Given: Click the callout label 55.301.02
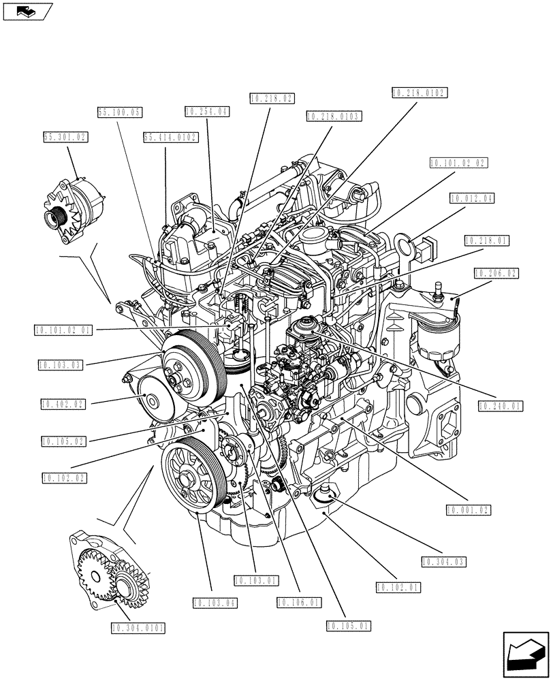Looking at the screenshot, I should tap(66, 137).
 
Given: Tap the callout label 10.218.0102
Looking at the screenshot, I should tap(421, 93).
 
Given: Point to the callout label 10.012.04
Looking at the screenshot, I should tap(472, 199).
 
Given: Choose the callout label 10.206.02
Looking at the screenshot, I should tap(495, 273).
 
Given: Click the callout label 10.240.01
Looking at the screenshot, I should tap(500, 407).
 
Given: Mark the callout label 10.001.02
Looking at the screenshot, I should tap(469, 509).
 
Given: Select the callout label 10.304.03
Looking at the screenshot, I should tap(443, 562).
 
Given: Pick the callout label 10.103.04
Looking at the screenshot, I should tap(215, 603).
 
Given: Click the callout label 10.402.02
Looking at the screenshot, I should tap(62, 404).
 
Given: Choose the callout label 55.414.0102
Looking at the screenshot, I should tap(171, 137).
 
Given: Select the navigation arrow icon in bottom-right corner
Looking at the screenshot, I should tap(524, 656).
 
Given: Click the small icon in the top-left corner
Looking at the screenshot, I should tap(27, 11).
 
